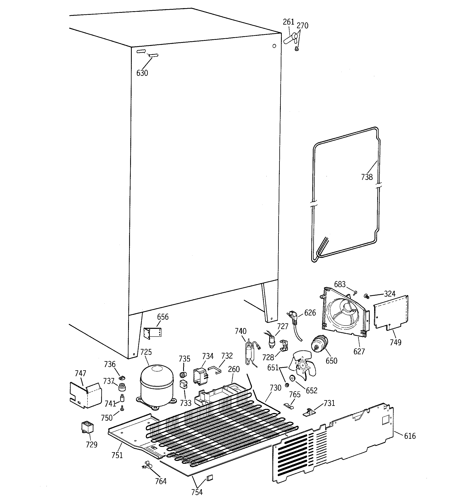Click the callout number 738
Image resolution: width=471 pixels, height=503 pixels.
(x=367, y=177)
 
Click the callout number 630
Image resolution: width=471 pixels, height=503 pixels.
(x=142, y=73)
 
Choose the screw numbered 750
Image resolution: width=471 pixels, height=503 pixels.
(x=122, y=408)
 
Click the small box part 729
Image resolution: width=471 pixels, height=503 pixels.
(x=87, y=427)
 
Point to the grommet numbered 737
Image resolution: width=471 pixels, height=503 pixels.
(x=122, y=387)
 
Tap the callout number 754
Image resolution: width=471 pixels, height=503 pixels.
(x=197, y=492)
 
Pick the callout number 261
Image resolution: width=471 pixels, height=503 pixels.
(x=288, y=22)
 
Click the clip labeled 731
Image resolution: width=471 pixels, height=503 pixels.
(x=309, y=413)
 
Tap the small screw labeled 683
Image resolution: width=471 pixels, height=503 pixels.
(x=355, y=293)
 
